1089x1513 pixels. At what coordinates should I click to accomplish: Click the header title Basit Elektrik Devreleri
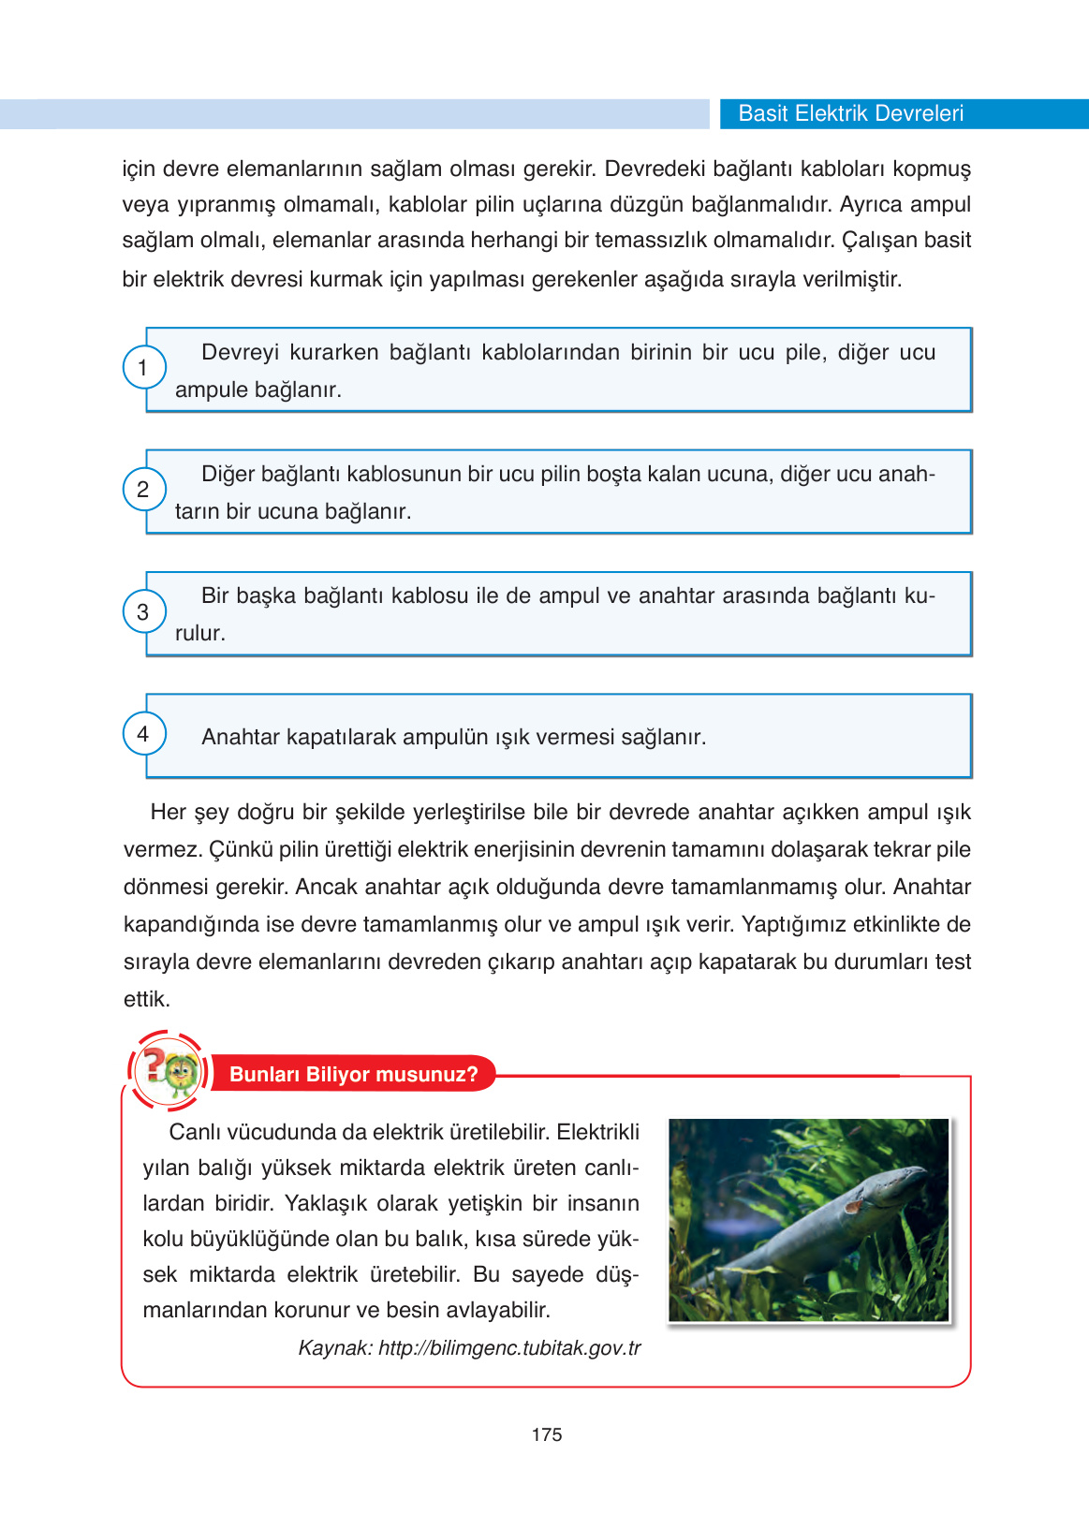(850, 113)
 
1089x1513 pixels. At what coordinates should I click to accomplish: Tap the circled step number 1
(143, 367)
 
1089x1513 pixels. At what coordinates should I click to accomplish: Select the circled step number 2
(143, 489)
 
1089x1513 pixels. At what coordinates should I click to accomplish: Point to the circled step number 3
(143, 611)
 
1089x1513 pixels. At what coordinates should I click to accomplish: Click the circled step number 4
(143, 733)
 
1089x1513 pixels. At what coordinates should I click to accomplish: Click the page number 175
(546, 1434)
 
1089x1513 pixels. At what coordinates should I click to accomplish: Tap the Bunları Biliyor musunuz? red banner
(353, 1074)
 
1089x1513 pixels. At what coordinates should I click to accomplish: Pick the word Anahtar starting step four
(241, 737)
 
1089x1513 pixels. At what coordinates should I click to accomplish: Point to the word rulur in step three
(199, 633)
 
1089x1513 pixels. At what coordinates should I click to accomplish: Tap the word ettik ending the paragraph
(146, 999)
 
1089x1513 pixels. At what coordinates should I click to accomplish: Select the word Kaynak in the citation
(333, 1348)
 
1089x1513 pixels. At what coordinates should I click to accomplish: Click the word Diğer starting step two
(228, 474)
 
